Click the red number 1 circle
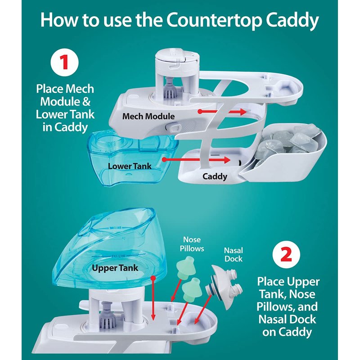point(64,62)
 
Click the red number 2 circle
point(286,254)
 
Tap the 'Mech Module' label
point(148,116)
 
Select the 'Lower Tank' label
point(130,166)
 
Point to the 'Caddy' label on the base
point(215,176)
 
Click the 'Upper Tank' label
point(115,268)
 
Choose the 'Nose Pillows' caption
point(192,244)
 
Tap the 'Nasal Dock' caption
point(234,254)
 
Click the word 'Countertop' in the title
point(214,20)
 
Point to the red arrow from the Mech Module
point(222,112)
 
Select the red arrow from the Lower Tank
point(196,160)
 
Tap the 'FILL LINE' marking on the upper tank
point(118,256)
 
